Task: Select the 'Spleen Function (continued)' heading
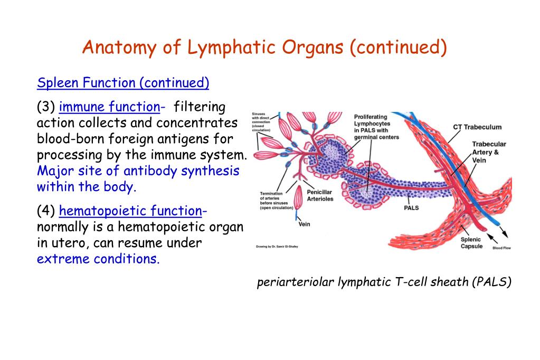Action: click(123, 83)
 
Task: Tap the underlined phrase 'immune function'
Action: click(110, 107)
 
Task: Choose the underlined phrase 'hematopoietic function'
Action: click(130, 211)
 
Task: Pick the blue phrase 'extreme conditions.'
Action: click(98, 259)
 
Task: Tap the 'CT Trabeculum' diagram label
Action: click(477, 127)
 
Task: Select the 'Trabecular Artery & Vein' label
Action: click(488, 152)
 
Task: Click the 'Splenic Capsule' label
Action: click(471, 243)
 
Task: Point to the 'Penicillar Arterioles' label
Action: click(319, 195)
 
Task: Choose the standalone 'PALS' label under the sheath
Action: click(411, 208)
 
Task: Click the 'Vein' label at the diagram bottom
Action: click(304, 224)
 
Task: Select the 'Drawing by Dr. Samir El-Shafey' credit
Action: click(277, 246)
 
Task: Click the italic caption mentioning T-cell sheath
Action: click(384, 282)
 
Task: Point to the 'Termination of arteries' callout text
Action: click(274, 201)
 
